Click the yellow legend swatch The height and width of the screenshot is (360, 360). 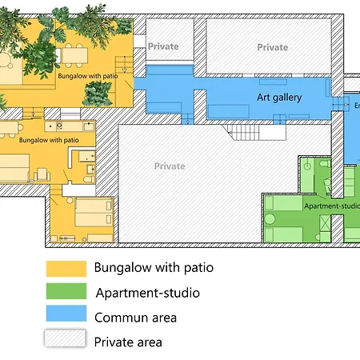click(x=66, y=267)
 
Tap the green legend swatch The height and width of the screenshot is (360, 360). click(x=66, y=291)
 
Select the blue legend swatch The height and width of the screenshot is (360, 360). click(x=66, y=315)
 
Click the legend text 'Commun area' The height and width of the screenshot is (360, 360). click(x=135, y=318)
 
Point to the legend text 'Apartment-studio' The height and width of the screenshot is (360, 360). click(x=147, y=293)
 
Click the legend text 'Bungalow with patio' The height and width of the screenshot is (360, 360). click(x=154, y=267)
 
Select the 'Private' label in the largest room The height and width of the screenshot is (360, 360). click(x=170, y=166)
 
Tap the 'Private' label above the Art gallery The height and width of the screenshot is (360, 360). click(x=272, y=47)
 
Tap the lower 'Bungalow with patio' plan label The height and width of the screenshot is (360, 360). click(x=49, y=139)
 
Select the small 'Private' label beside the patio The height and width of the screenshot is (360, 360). click(x=163, y=46)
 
